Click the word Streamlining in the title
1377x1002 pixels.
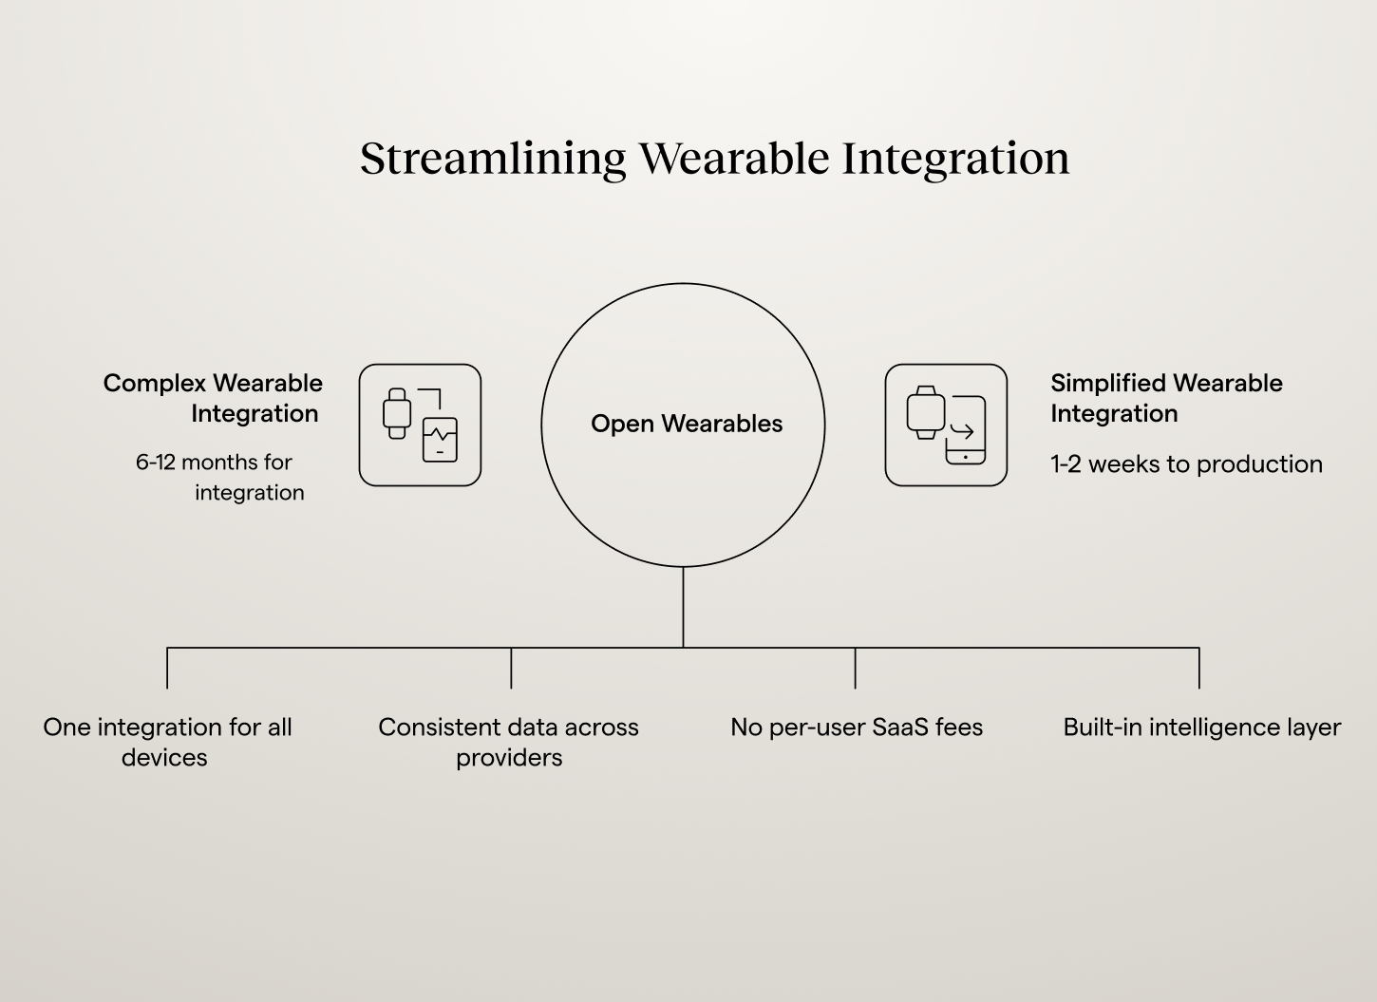(493, 159)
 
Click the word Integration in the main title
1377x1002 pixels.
(955, 159)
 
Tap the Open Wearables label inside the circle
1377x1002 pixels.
(687, 424)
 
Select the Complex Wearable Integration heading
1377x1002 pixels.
(213, 398)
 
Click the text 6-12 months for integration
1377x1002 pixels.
(219, 477)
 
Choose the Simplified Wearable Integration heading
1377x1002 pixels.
(1166, 398)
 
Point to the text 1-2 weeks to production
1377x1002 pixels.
(1186, 463)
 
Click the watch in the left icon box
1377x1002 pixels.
(397, 413)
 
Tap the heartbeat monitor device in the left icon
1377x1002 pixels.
(440, 440)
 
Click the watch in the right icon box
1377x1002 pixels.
(925, 412)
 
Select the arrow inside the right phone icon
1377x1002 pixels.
(962, 432)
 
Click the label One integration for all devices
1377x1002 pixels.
(167, 742)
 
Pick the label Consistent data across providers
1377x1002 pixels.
(508, 742)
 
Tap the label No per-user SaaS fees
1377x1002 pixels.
(857, 728)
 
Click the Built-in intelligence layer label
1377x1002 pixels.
(1201, 728)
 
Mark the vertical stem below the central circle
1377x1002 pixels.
(683, 608)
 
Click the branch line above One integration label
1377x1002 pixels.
(167, 669)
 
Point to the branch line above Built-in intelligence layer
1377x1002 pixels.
(1199, 669)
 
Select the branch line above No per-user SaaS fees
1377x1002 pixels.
(855, 669)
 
